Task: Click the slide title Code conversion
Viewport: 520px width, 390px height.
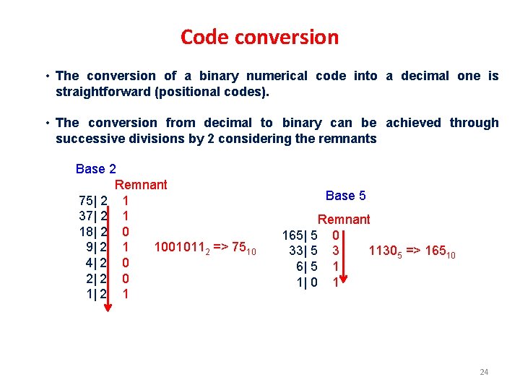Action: tap(259, 37)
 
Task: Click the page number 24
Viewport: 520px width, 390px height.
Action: tap(484, 372)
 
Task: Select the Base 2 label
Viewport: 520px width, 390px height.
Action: tap(96, 169)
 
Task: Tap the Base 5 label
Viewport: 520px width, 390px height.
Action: tap(345, 196)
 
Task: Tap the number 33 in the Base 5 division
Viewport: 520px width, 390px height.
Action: tap(295, 251)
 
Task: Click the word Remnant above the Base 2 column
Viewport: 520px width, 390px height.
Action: tap(141, 185)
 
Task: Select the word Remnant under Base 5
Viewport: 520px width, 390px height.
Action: tap(344, 220)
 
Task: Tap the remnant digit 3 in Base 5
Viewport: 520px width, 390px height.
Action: tap(335, 251)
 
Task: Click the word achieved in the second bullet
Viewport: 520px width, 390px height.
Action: tap(413, 123)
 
